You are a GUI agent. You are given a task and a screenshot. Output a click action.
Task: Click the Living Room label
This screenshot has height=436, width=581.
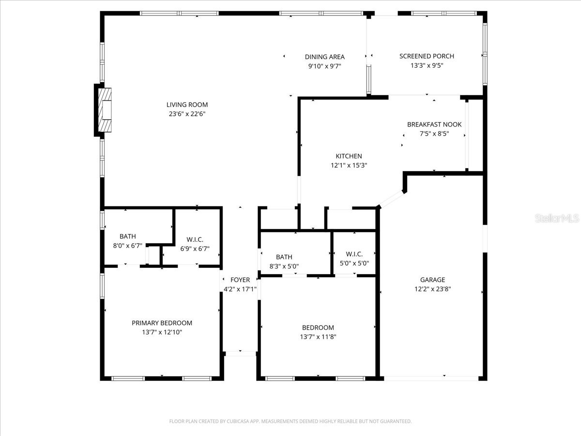coord(187,105)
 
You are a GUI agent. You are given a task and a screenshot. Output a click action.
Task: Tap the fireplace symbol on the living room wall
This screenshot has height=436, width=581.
coord(105,109)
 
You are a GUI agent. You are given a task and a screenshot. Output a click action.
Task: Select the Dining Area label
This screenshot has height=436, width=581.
coord(324,57)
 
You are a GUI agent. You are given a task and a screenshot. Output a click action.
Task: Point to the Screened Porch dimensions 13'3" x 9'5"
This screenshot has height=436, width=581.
coord(427,65)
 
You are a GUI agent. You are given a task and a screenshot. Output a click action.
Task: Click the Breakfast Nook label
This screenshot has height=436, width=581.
coord(434,125)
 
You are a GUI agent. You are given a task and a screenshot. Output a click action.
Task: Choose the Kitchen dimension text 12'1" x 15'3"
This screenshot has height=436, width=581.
coord(349,165)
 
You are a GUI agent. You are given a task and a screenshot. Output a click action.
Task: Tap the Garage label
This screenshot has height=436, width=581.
coord(432,280)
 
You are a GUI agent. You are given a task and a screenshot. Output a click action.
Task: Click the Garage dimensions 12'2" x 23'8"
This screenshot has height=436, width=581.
coord(432,289)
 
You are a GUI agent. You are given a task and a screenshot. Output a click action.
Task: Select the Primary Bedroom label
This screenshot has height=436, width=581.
coord(162,323)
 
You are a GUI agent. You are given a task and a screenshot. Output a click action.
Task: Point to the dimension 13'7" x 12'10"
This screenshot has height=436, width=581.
coord(162,332)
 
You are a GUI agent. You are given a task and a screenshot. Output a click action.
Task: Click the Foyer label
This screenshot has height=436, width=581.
coord(240,280)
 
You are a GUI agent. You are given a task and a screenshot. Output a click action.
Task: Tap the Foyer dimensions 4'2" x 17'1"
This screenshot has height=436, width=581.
coord(240,289)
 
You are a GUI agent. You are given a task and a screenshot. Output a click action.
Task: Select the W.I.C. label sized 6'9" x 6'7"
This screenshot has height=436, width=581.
coord(195,240)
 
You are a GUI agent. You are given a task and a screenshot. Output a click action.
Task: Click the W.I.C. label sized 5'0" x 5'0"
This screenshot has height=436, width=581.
coord(354,254)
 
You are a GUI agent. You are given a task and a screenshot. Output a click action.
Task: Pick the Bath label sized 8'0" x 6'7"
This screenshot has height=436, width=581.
coord(128,236)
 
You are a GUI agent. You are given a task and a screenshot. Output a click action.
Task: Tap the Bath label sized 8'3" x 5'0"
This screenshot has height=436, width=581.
coord(284,257)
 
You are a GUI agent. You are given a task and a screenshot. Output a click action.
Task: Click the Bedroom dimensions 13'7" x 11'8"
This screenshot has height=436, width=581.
coord(318,337)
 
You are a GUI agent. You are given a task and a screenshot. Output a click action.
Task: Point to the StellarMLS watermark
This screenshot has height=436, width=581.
coord(556,219)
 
